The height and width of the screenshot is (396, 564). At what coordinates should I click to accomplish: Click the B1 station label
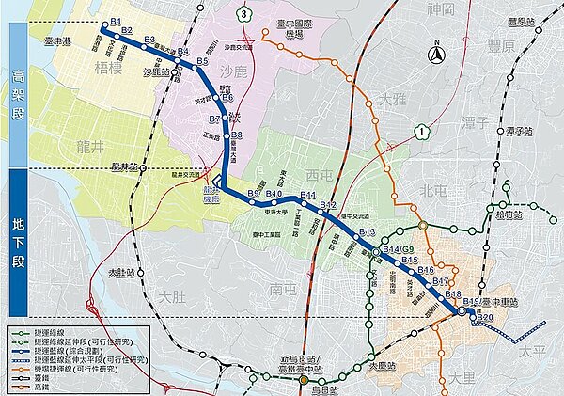click(x=116, y=20)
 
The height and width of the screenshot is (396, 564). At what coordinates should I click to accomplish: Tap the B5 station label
click(x=201, y=61)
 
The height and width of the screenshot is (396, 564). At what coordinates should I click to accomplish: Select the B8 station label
click(x=237, y=135)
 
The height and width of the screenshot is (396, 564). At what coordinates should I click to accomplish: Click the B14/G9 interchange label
click(x=399, y=249)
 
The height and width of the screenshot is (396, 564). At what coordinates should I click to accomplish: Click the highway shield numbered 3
click(x=243, y=13)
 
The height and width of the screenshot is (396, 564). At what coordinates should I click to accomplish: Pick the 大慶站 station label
click(x=383, y=366)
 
